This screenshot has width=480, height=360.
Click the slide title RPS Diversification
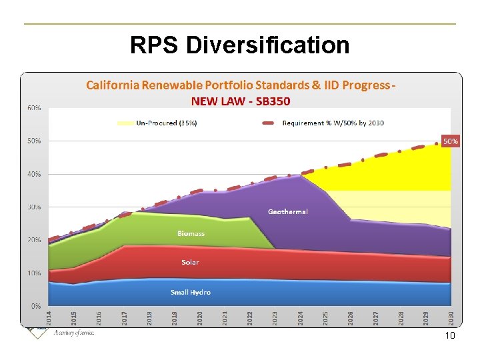click(x=239, y=45)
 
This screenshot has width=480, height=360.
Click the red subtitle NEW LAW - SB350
click(x=241, y=101)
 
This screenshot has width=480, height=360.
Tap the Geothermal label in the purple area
click(x=288, y=211)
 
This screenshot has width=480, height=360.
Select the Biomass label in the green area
click(x=191, y=233)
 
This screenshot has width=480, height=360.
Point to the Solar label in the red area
click(x=190, y=262)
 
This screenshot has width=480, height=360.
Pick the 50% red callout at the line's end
click(x=451, y=141)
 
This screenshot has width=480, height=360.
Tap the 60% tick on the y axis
click(x=34, y=108)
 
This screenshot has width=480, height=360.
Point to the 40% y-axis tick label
click(x=34, y=174)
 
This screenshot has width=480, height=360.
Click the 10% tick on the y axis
click(x=34, y=273)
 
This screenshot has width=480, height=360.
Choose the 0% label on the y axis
click(x=36, y=306)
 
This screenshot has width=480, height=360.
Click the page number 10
click(x=449, y=336)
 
